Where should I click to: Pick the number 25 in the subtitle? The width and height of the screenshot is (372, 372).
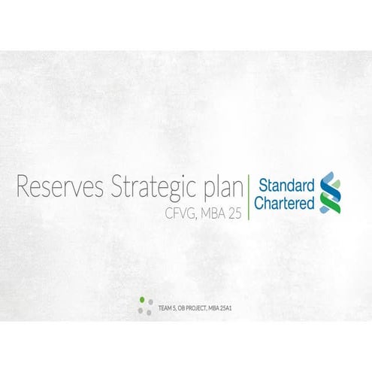237,213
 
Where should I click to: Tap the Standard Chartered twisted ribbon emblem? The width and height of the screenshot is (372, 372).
327,192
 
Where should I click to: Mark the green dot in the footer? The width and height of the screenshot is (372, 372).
142,300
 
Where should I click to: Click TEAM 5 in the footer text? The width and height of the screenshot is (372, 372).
167,308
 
